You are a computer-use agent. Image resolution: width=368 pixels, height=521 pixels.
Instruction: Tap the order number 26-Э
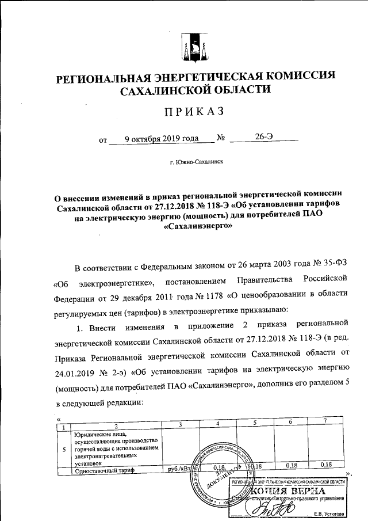point(264,138)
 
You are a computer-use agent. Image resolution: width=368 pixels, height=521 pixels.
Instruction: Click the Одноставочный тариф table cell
point(101,470)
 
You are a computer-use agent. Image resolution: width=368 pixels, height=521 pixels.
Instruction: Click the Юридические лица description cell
point(115,447)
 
